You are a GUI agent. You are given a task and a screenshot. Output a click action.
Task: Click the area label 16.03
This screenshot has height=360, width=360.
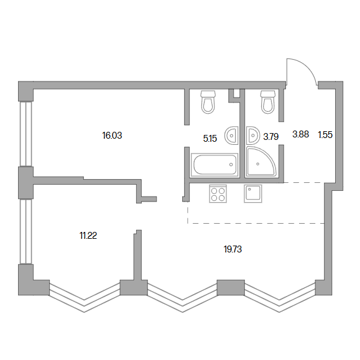112,136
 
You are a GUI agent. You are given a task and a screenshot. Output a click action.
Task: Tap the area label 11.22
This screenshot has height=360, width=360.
88,236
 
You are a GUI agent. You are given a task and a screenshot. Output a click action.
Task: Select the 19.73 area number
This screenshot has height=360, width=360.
233,249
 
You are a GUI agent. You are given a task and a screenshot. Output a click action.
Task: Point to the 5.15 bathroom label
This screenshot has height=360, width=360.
210,139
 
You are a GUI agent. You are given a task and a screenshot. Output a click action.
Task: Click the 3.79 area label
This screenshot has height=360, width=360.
271,137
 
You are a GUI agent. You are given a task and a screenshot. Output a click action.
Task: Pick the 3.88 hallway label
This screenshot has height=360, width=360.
300,134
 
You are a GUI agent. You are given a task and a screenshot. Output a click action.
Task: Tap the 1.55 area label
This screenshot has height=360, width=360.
325,135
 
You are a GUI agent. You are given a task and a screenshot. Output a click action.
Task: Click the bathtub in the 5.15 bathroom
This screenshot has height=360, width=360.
215,164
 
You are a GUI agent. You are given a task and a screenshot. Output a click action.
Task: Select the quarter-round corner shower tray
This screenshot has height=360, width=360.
261,162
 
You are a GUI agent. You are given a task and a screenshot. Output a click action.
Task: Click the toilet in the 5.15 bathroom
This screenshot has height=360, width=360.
208,102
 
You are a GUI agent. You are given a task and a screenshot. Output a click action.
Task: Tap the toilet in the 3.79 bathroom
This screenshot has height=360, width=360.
268,102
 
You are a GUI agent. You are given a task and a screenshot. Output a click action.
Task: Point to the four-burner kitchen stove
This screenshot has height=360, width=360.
218,194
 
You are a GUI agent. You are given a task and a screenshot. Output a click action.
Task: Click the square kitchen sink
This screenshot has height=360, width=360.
253,194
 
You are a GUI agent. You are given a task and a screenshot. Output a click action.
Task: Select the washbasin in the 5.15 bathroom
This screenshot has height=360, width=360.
231,136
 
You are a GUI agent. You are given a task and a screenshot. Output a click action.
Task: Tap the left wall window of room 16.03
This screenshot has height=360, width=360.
25,134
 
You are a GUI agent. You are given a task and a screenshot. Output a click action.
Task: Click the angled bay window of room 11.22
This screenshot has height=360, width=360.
85,298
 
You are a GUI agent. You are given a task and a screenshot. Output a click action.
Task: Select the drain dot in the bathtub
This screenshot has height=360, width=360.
231,164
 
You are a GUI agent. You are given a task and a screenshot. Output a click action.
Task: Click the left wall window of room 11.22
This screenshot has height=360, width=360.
25,231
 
